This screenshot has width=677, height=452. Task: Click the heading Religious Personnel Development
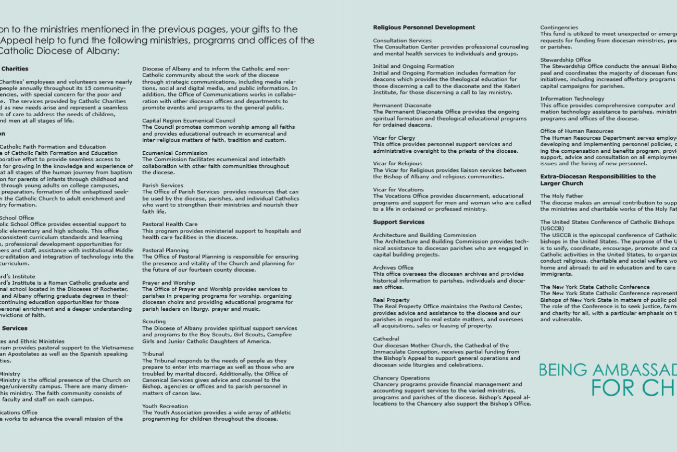(x=424, y=28)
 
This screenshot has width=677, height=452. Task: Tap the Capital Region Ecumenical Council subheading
(x=189, y=120)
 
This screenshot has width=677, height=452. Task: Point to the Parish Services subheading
(x=162, y=186)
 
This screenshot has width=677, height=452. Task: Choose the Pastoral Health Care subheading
(x=170, y=225)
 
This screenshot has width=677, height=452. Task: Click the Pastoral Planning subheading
(x=166, y=250)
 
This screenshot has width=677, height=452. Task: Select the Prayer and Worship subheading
(x=168, y=283)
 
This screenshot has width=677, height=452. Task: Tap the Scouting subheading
(x=154, y=322)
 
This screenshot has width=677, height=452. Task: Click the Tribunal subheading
(x=153, y=354)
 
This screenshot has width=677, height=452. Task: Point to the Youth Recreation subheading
(x=165, y=406)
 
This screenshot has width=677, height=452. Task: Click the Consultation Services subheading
(x=402, y=41)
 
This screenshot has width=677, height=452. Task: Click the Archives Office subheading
(x=393, y=267)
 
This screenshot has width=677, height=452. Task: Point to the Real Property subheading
(x=391, y=300)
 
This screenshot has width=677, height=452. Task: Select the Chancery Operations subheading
(x=401, y=378)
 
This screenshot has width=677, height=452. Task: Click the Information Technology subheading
(x=572, y=99)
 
